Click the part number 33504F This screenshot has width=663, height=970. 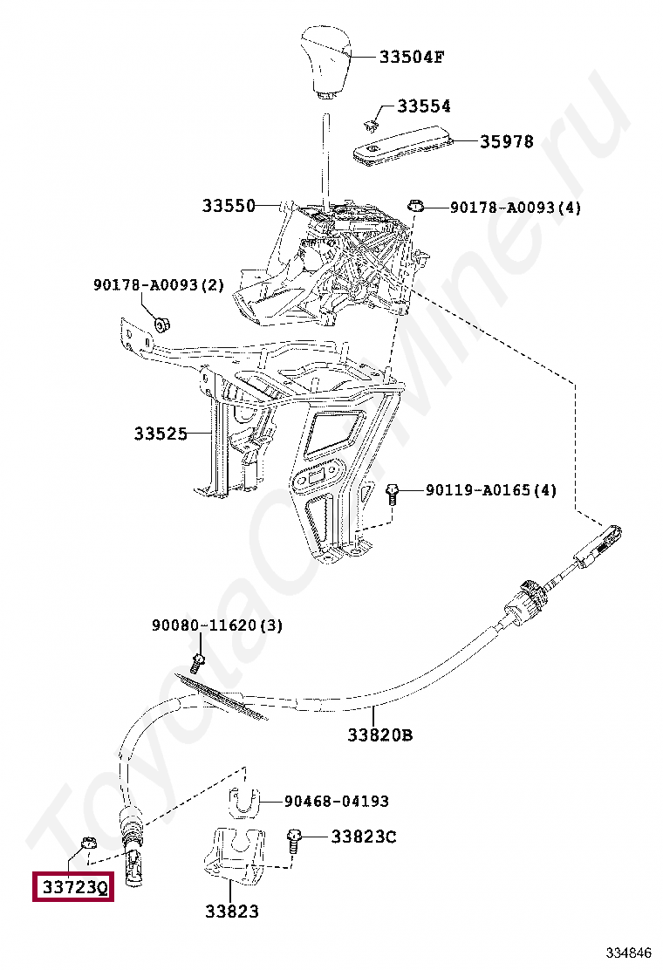pyautogui.click(x=411, y=58)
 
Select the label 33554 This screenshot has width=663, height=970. pyautogui.click(x=423, y=106)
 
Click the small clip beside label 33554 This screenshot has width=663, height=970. pyautogui.click(x=373, y=122)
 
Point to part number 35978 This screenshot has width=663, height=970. pyautogui.click(x=506, y=141)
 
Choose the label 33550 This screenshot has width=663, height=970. pyautogui.click(x=229, y=206)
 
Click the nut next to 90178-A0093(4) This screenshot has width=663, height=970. pyautogui.click(x=416, y=207)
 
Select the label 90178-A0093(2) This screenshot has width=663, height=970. pyautogui.click(x=159, y=285)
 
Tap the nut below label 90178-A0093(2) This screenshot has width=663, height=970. pyautogui.click(x=161, y=325)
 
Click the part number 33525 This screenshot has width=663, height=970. pyautogui.click(x=161, y=433)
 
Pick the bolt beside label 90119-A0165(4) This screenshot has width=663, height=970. pyautogui.click(x=392, y=494)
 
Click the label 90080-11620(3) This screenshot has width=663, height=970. pyautogui.click(x=216, y=625)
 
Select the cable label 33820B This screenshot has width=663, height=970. pyautogui.click(x=379, y=734)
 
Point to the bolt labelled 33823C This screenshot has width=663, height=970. pyautogui.click(x=294, y=841)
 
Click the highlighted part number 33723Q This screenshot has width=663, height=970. pyautogui.click(x=72, y=888)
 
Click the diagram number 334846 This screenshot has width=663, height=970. pyautogui.click(x=629, y=952)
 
